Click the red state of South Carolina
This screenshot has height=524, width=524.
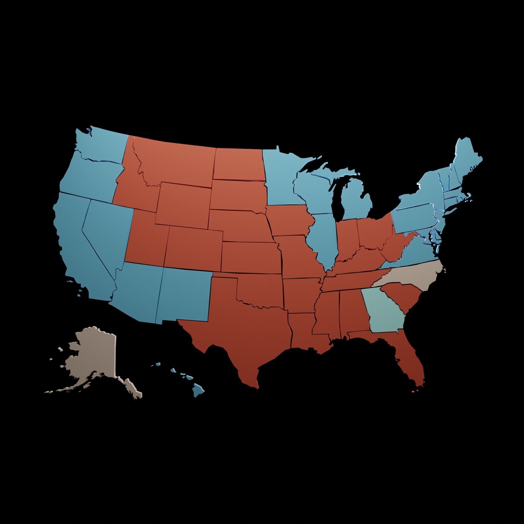pos(401,297)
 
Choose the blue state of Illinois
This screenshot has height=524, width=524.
pos(323,239)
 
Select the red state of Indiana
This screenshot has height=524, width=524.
pos(347,239)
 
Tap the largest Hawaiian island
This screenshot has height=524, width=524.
pos(198,390)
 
